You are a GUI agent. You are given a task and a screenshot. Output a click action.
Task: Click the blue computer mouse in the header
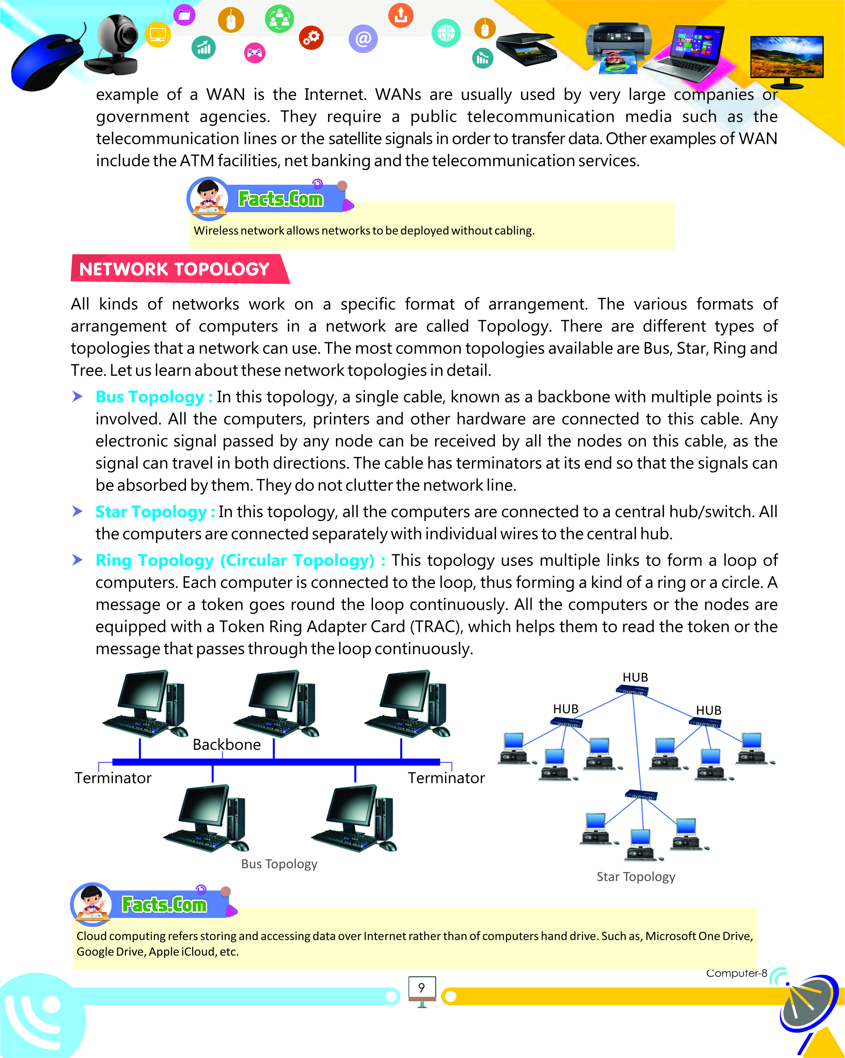coord(47,61)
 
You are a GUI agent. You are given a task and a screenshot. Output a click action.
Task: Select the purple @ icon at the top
coord(363,39)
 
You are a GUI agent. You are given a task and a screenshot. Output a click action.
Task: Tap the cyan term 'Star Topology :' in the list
coord(155,511)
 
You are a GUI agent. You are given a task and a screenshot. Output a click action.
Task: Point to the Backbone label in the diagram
coord(226,745)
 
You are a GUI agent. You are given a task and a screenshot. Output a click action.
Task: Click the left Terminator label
coord(113,778)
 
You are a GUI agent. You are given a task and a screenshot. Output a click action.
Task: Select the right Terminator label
coord(446,778)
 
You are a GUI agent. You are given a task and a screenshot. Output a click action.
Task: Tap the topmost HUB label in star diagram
coord(635,677)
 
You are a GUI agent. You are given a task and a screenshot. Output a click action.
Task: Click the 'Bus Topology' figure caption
coord(279,864)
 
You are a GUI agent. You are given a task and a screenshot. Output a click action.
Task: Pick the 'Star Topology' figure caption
coord(635,876)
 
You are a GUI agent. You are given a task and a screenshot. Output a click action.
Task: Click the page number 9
coord(421,987)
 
